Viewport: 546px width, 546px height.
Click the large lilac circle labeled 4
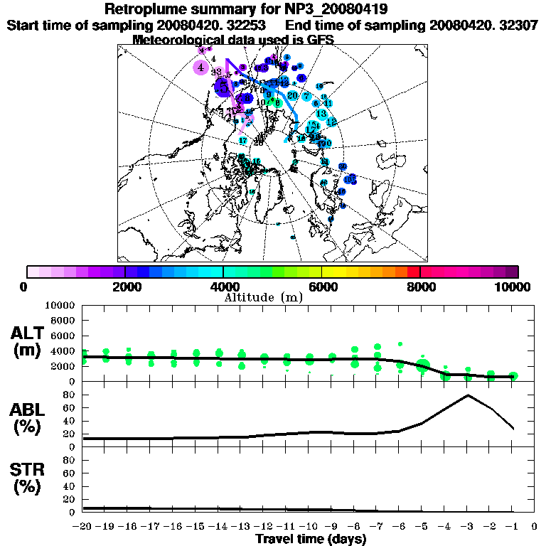[x=201, y=68]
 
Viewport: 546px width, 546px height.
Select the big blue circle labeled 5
[x=223, y=87]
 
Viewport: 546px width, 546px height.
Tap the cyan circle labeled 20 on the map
[x=292, y=95]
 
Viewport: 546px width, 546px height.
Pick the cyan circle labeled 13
[x=321, y=114]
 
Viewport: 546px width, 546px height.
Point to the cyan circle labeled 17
[x=242, y=141]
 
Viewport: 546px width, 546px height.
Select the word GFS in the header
[x=319, y=40]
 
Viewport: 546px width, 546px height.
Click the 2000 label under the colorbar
[x=124, y=287]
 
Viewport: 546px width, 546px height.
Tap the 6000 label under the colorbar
[x=321, y=287]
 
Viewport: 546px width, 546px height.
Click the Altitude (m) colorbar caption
[x=263, y=296]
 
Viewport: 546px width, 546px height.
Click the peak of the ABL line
[x=468, y=395]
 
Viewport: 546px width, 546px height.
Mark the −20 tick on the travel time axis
[x=83, y=527]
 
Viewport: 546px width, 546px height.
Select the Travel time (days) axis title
[x=311, y=539]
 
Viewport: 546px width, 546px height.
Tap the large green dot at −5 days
[x=423, y=367]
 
